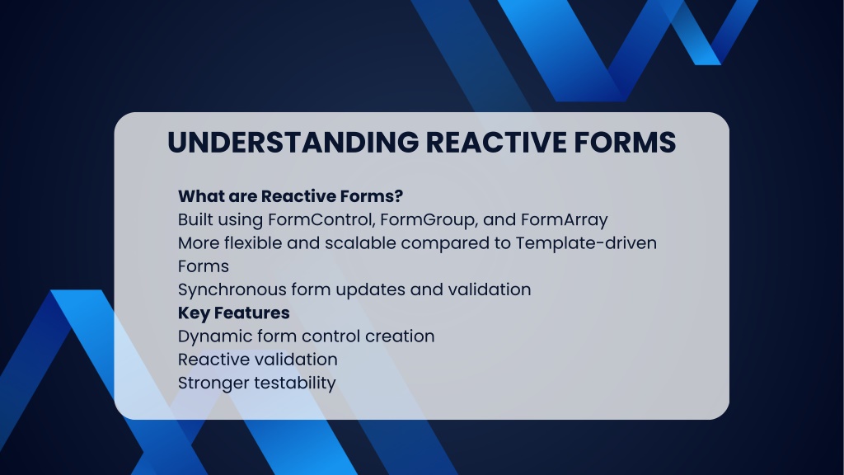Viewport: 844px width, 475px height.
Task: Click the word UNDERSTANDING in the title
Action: tap(293, 143)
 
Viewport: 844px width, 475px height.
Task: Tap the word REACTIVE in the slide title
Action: tap(496, 143)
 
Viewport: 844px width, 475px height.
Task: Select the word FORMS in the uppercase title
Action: tap(625, 143)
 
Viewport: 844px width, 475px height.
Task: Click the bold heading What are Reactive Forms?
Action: tap(291, 196)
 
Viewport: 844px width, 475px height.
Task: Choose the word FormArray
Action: tap(564, 220)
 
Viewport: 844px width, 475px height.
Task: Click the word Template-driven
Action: tap(586, 243)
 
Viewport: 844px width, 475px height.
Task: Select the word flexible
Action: tap(253, 243)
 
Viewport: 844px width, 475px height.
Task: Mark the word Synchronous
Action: tap(232, 290)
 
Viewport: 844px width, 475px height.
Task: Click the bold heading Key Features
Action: tap(234, 313)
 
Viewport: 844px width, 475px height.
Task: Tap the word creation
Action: tap(400, 336)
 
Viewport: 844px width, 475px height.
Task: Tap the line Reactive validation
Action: tap(258, 360)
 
